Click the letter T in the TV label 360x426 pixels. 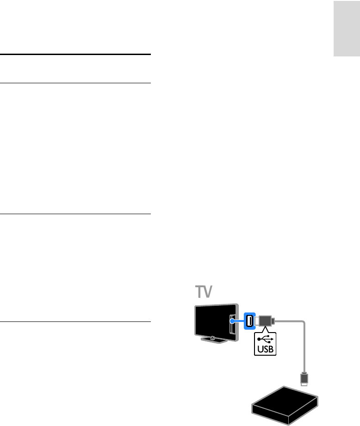coord(199,293)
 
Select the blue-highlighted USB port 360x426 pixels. coord(249,321)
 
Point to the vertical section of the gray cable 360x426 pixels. coord(304,352)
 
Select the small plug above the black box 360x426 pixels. coord(304,378)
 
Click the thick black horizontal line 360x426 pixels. coord(76,55)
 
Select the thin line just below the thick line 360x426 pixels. coord(76,83)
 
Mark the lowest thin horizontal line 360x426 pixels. coord(76,322)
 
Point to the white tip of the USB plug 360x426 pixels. coord(273,320)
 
